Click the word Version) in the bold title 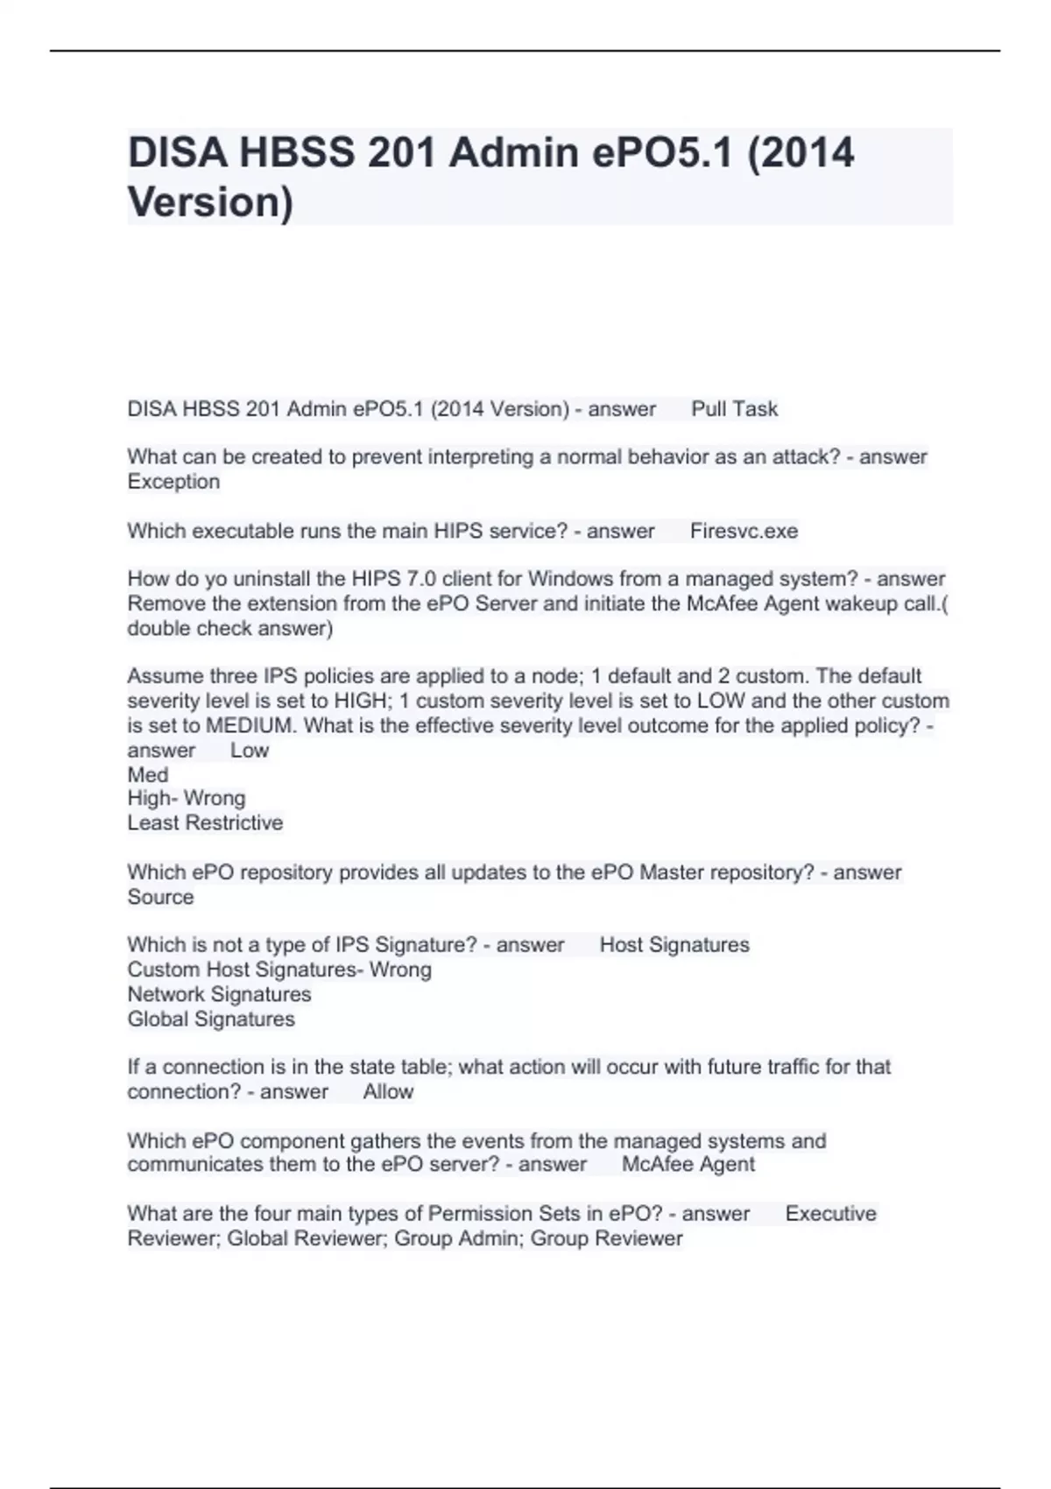click(210, 202)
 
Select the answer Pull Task click(734, 409)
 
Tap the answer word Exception click(173, 482)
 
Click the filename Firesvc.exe click(744, 531)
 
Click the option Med click(147, 775)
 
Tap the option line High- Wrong click(186, 798)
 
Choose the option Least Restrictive click(205, 822)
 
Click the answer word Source click(160, 897)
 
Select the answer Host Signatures click(674, 944)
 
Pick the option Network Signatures click(219, 994)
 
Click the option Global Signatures click(210, 1019)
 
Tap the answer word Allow click(388, 1091)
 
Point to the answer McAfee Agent click(688, 1164)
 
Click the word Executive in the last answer click(830, 1213)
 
